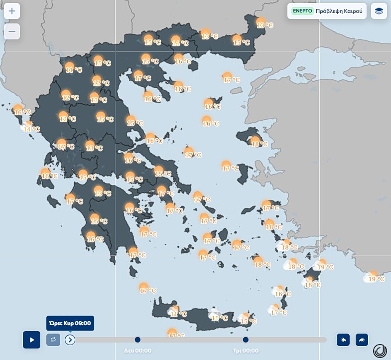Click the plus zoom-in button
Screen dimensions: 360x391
[12, 11]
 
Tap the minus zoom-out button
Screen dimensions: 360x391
[12, 31]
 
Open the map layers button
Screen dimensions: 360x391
[379, 11]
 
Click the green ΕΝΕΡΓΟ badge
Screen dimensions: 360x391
[302, 10]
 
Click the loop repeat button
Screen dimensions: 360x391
[53, 340]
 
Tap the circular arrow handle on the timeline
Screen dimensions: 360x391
[70, 340]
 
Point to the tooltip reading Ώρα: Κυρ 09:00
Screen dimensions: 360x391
[70, 323]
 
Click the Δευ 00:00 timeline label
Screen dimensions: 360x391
[137, 351]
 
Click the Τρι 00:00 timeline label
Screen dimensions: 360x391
[246, 351]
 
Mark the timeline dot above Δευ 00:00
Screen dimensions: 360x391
[137, 340]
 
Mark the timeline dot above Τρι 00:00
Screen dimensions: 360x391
[246, 340]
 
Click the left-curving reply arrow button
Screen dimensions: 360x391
[343, 340]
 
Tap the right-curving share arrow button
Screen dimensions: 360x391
[362, 340]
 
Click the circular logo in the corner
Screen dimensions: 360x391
[380, 350]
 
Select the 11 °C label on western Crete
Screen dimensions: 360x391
[178, 314]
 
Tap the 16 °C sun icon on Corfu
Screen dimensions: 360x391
[18, 109]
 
